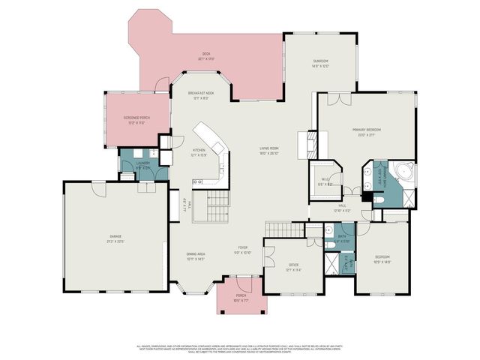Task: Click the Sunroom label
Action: pos(320,63)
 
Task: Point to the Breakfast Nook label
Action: pos(201,94)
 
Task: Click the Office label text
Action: pos(294,268)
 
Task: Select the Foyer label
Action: pos(243,250)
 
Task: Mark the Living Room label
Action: pos(269,151)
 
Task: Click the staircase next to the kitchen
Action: pos(209,205)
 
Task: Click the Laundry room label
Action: pos(142,164)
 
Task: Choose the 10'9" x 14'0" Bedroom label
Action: pos(382,259)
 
